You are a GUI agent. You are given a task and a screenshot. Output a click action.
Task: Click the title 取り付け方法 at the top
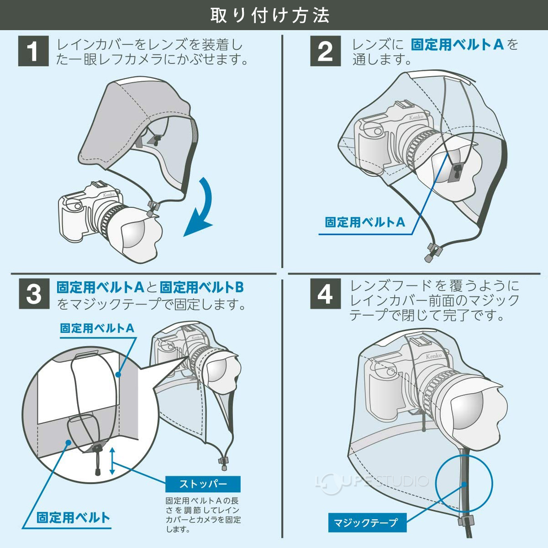[x=270, y=15]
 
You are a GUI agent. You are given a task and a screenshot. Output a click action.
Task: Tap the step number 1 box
[x=33, y=51]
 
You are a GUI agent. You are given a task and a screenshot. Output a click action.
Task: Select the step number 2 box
[x=325, y=51]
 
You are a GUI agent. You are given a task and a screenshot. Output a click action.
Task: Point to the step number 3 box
[x=33, y=294]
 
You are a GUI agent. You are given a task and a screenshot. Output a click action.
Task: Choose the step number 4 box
[x=325, y=294]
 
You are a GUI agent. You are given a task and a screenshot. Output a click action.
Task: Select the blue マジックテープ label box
[x=367, y=522]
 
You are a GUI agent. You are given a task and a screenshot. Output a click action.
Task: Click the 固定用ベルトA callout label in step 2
[x=364, y=222]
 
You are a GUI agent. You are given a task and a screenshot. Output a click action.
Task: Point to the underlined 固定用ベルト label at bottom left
[x=73, y=517]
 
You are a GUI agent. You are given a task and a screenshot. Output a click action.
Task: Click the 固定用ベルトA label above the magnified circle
[x=97, y=328]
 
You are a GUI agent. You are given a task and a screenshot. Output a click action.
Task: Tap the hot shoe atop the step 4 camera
[x=416, y=342]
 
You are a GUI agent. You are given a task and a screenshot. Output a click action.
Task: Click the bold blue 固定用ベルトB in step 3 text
[x=201, y=287]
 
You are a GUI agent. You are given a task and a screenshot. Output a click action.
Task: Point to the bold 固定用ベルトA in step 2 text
[x=457, y=45]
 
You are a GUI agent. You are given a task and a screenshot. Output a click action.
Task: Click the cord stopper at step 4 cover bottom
[x=466, y=521]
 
